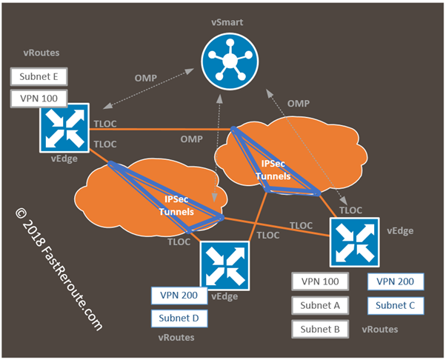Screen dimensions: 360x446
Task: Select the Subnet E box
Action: (38, 77)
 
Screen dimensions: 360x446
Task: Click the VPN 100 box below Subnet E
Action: (38, 98)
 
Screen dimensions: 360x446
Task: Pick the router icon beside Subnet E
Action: (66, 127)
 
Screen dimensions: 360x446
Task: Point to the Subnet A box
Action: (321, 304)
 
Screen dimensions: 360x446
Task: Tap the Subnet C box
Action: (396, 304)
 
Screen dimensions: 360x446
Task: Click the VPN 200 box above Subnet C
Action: (396, 281)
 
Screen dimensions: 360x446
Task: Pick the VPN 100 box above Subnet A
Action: (321, 281)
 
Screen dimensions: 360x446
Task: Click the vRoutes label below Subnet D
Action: (176, 338)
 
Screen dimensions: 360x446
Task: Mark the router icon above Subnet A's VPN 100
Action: (354, 242)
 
